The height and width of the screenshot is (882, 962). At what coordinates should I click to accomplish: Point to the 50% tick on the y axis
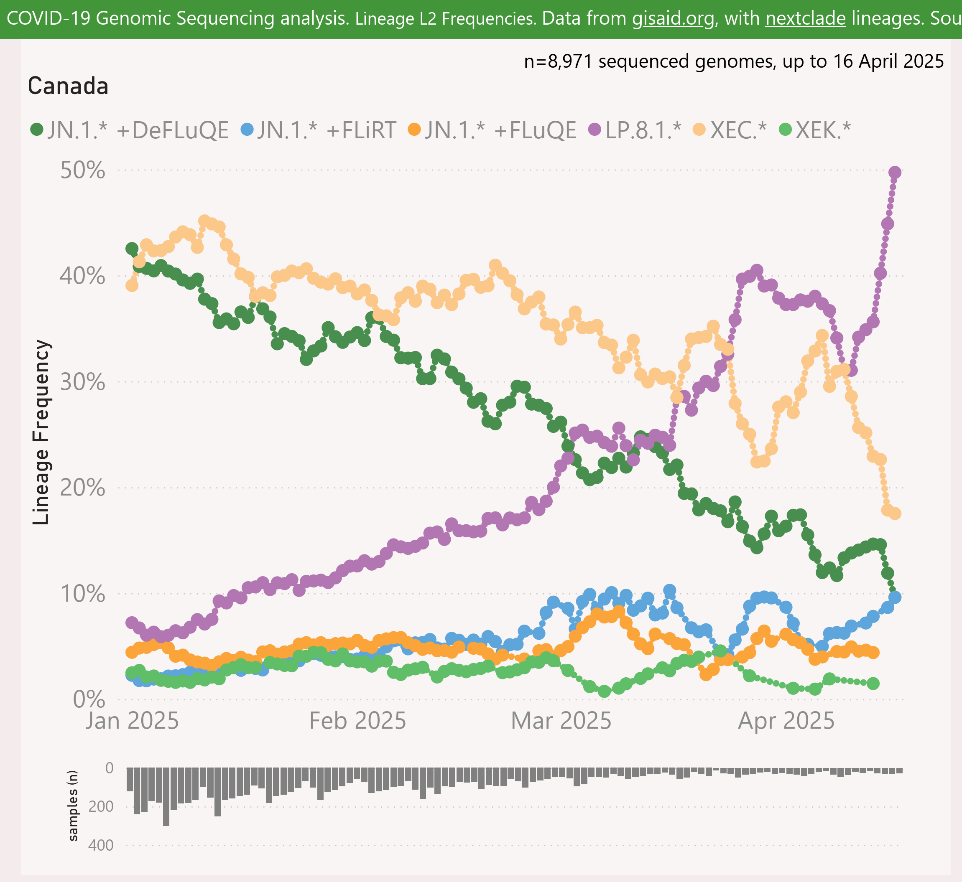click(x=83, y=170)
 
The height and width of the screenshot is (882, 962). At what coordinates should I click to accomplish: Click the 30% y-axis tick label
click(x=83, y=382)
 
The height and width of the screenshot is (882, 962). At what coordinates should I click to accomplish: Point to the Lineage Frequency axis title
click(x=41, y=432)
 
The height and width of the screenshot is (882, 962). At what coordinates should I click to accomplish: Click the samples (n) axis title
click(x=73, y=806)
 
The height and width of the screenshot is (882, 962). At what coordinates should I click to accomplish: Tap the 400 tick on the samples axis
click(x=101, y=845)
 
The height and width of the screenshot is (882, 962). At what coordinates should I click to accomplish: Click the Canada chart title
click(x=68, y=86)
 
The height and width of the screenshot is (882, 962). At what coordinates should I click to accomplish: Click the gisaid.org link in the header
click(x=674, y=18)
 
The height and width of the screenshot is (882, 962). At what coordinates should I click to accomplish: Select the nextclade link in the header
click(x=806, y=18)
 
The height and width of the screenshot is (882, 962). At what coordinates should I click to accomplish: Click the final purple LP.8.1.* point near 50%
click(x=895, y=172)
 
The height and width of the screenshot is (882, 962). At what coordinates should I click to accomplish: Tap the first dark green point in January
click(x=132, y=248)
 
